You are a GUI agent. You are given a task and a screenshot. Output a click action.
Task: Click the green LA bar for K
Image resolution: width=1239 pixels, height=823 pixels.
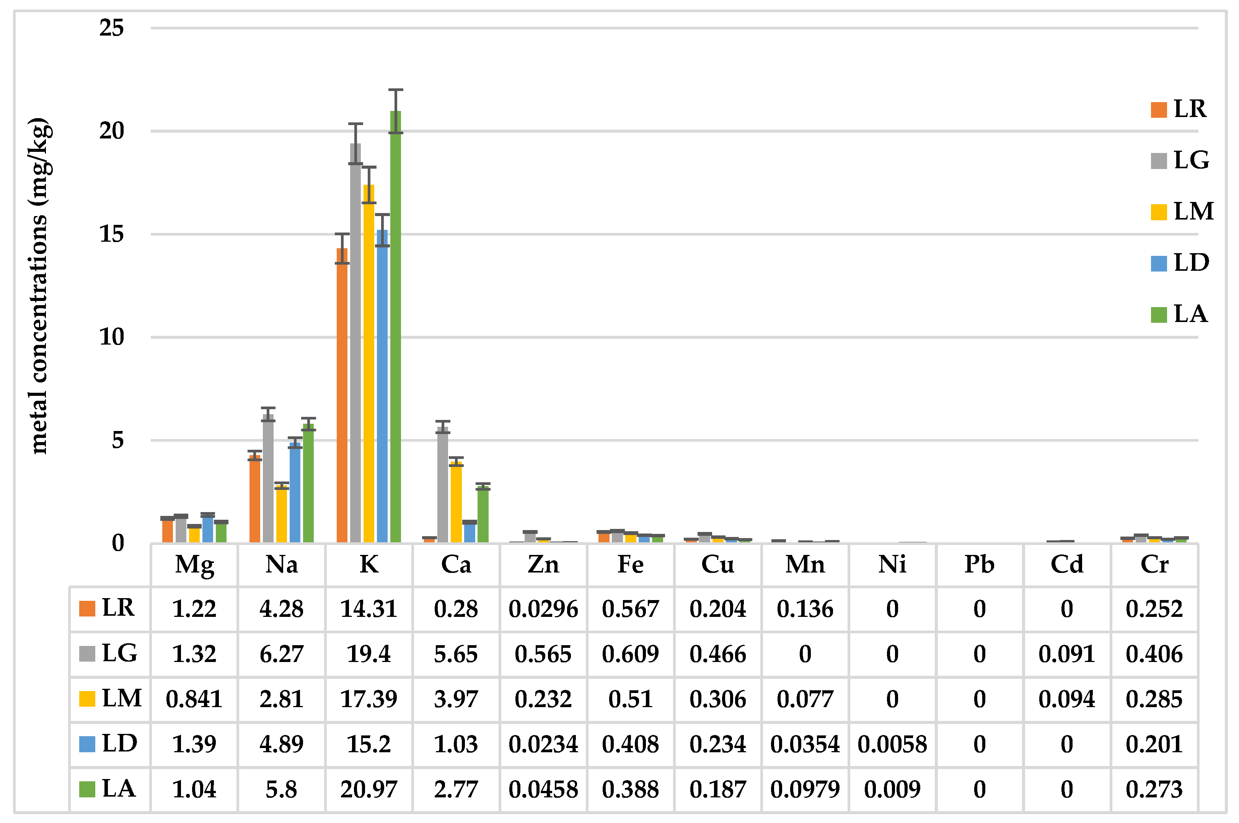click(x=395, y=325)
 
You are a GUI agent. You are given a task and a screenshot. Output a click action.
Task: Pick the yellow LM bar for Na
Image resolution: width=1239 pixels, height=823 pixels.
click(x=281, y=514)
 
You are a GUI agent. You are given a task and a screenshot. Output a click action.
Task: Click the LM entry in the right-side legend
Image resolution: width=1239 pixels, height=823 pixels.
click(x=1181, y=211)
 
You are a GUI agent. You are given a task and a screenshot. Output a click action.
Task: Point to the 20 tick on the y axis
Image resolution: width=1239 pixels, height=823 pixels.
click(x=111, y=131)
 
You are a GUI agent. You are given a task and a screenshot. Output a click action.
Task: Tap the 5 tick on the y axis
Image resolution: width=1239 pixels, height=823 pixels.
click(x=117, y=440)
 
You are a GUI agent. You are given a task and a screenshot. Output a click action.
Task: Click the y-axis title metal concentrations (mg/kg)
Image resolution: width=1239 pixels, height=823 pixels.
click(x=40, y=286)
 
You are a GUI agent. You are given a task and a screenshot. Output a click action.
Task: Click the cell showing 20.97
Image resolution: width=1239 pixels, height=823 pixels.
click(x=368, y=789)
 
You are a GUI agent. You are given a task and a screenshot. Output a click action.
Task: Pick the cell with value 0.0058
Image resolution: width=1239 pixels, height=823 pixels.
click(x=892, y=744)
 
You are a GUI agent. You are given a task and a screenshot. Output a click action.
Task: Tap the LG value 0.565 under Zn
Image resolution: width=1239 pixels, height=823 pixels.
click(x=543, y=654)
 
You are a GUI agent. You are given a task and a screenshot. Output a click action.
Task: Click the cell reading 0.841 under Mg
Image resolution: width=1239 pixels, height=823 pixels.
click(x=194, y=699)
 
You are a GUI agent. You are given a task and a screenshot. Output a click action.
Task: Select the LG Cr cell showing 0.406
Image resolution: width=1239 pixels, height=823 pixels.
click(x=1154, y=654)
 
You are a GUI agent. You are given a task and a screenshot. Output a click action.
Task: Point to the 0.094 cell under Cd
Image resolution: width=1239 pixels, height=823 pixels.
click(x=1066, y=699)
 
